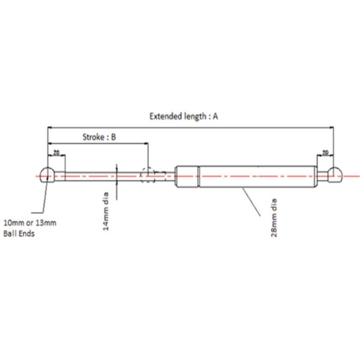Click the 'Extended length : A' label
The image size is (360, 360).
pyautogui.click(x=184, y=116)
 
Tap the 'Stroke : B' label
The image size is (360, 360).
pyautogui.click(x=99, y=137)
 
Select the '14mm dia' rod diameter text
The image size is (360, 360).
pyautogui.click(x=105, y=211)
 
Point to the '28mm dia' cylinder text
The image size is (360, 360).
pyautogui.click(x=274, y=217)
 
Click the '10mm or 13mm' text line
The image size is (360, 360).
pyautogui.click(x=30, y=223)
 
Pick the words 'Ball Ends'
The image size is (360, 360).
pyautogui.click(x=19, y=234)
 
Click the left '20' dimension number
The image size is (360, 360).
pyautogui.click(x=56, y=152)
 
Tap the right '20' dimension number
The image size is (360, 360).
pyautogui.click(x=325, y=152)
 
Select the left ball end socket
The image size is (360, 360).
pyautogui.click(x=47, y=175)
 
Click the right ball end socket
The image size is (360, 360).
pyautogui.click(x=335, y=175)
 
